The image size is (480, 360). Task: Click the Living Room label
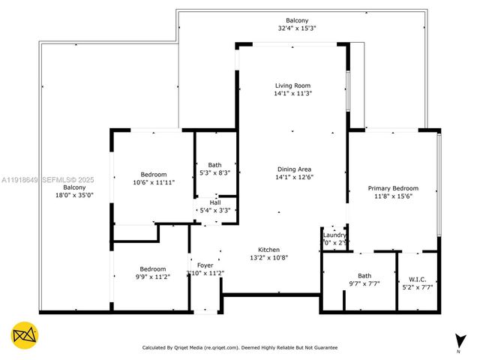tap(292, 85)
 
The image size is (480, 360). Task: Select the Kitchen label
tap(268, 249)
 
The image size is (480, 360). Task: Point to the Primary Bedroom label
tap(392, 188)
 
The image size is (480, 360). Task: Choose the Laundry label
tap(334, 235)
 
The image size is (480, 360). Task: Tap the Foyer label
tap(205, 265)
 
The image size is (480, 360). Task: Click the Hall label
tap(215, 202)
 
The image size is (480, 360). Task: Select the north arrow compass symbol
tap(457, 342)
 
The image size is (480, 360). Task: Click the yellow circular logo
tap(25, 335)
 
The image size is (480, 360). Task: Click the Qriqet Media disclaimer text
tap(240, 347)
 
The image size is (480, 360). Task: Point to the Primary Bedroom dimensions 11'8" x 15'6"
tap(392, 196)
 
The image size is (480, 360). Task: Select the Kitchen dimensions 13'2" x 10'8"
tap(268, 257)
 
